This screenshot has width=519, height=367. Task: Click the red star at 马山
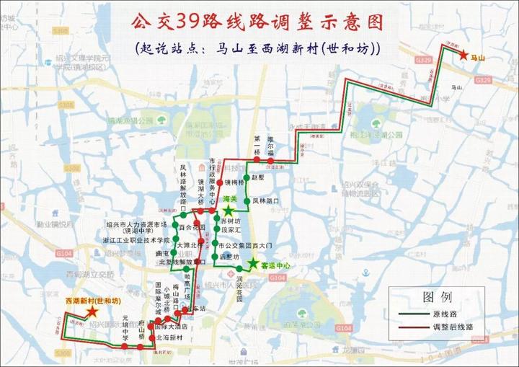point(462,54)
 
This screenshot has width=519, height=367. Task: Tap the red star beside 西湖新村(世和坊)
point(92,311)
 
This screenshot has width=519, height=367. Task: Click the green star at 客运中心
point(253,264)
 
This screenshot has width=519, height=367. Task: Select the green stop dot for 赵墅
point(247,177)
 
